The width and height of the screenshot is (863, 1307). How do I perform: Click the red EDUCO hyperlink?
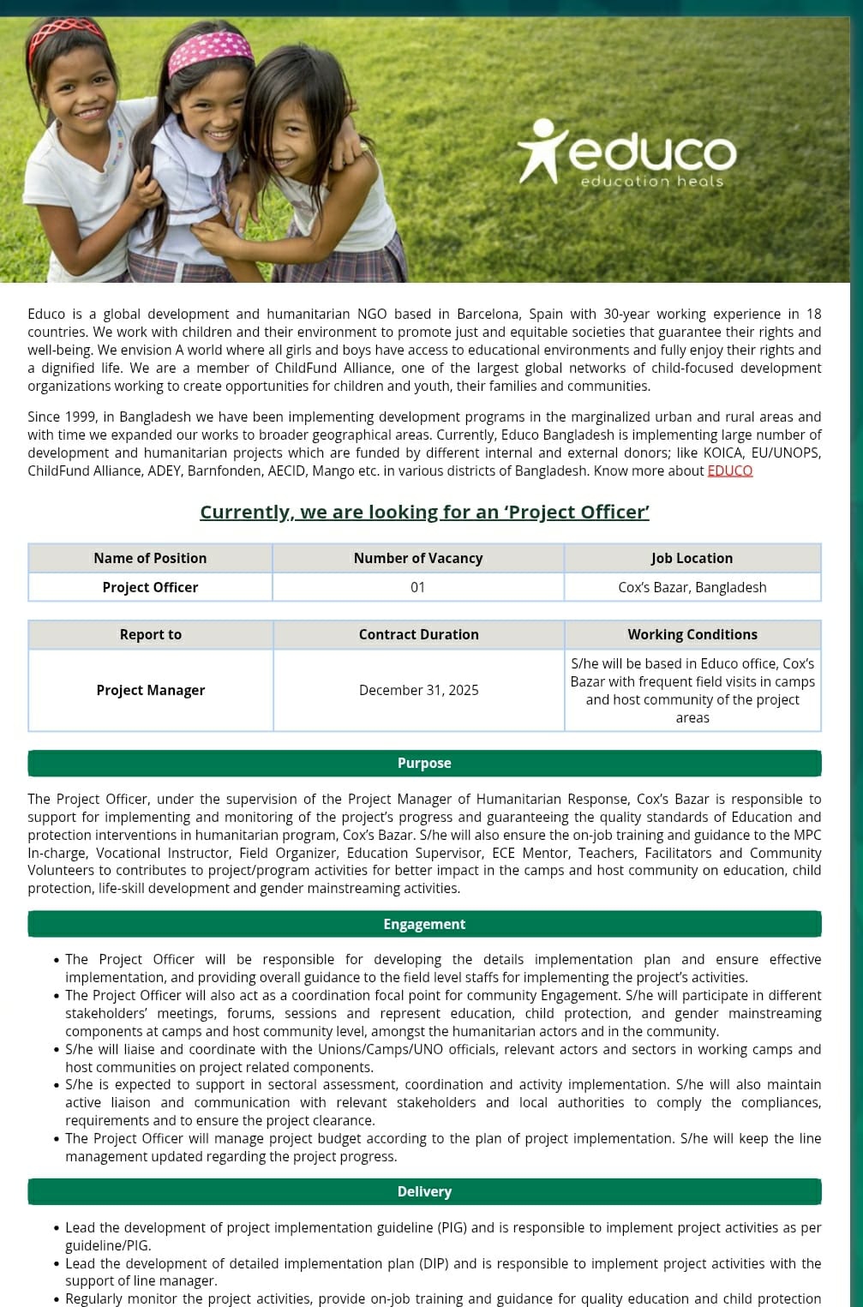(x=729, y=471)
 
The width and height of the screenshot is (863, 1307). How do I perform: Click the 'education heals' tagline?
(x=651, y=182)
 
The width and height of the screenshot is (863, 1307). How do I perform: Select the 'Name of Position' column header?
(x=150, y=558)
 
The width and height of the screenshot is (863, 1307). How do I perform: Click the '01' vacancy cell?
(x=418, y=587)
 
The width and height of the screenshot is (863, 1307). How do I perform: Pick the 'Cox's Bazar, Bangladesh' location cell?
(x=692, y=587)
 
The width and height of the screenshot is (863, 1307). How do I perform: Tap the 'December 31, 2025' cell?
(x=418, y=690)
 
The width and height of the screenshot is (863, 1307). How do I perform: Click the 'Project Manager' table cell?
(x=150, y=690)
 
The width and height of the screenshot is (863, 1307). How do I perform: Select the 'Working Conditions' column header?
(x=692, y=634)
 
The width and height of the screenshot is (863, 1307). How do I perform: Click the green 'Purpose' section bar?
(x=424, y=763)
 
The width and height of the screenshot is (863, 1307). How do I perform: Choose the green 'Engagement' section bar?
(x=424, y=924)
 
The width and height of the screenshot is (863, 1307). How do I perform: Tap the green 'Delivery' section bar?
(x=424, y=1191)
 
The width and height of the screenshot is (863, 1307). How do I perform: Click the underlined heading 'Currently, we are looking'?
(x=424, y=512)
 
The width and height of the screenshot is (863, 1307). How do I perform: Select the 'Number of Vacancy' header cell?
(x=418, y=558)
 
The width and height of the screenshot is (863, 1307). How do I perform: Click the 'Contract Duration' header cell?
(x=418, y=634)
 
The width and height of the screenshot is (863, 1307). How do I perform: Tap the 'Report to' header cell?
(x=150, y=634)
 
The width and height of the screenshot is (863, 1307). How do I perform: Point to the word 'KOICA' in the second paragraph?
(x=722, y=453)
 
